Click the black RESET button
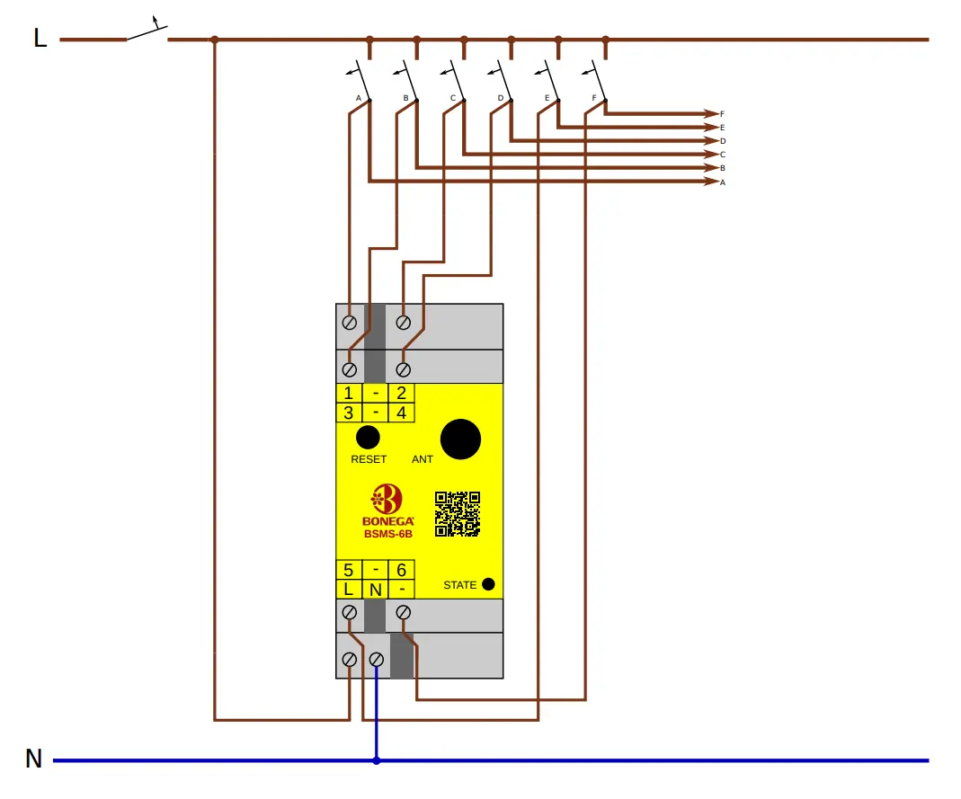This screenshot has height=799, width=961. click(x=368, y=438)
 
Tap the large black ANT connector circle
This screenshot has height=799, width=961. click(x=460, y=439)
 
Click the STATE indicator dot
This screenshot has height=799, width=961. click(x=488, y=584)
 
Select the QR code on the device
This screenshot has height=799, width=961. click(x=458, y=514)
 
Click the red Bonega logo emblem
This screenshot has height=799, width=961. click(x=387, y=499)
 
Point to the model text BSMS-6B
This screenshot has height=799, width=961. click(x=387, y=534)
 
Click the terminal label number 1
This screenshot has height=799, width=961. click(x=349, y=393)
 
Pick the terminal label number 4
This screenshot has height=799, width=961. click(x=401, y=413)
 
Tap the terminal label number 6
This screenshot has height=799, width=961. click(x=401, y=570)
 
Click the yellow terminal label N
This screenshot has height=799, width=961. click(x=376, y=590)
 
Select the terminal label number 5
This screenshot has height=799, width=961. click(x=349, y=570)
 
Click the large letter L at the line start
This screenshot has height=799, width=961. click(x=40, y=39)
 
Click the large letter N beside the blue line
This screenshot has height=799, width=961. click(x=33, y=759)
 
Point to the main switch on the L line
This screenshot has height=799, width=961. click(x=147, y=32)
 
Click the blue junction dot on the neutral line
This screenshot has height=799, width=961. click(x=377, y=760)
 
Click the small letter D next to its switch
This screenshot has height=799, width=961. click(x=500, y=97)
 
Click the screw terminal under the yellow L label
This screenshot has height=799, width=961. click(x=350, y=612)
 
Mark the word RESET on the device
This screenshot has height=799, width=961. click(x=369, y=459)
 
